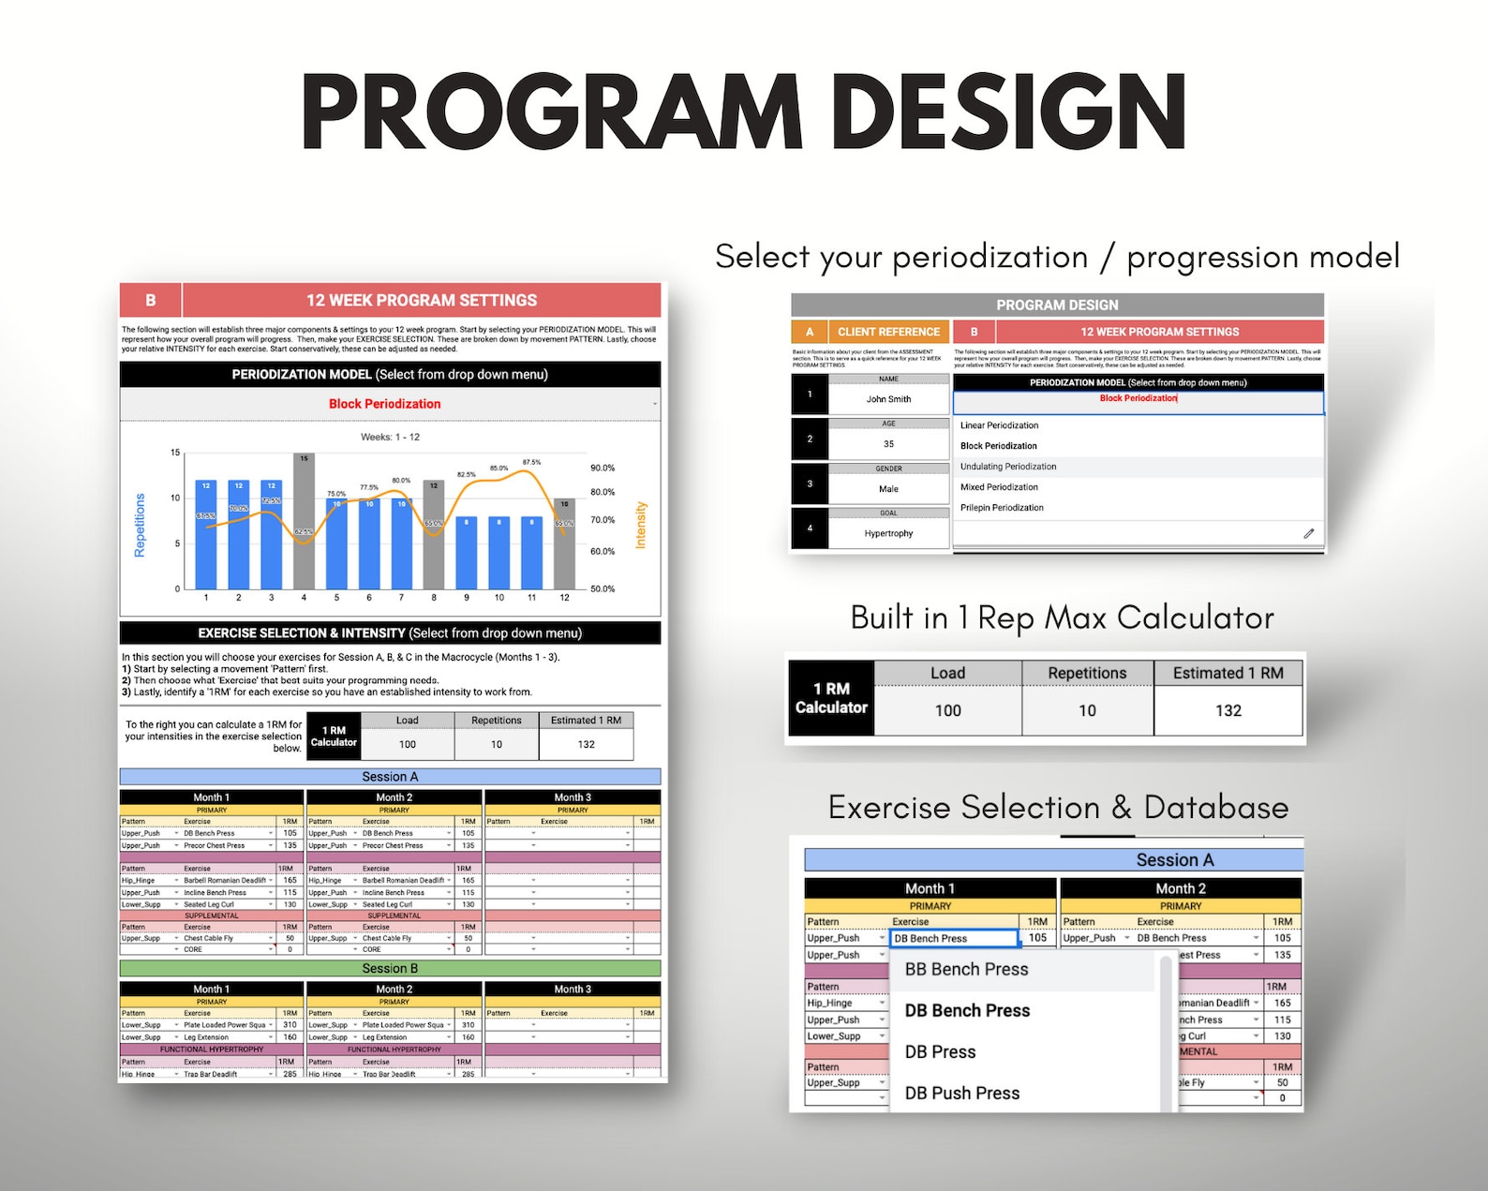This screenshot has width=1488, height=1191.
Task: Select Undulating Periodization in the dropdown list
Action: click(1008, 467)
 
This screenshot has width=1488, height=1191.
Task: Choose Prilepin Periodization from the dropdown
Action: click(1002, 508)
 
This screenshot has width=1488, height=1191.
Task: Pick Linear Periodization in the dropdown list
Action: click(999, 425)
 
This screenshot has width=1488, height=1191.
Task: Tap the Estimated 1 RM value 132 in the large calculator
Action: click(1228, 710)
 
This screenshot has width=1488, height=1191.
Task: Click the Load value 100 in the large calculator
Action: click(947, 710)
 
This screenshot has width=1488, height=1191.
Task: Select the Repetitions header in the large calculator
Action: click(1087, 673)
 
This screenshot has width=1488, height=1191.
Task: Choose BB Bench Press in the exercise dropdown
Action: click(966, 970)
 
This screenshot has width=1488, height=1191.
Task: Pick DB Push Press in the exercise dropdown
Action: click(961, 1094)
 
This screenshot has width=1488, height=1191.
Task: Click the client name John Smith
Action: click(888, 399)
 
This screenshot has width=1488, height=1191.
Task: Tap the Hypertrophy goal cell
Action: click(888, 533)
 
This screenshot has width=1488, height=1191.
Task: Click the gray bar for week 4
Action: click(304, 521)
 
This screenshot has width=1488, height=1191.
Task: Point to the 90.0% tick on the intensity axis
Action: click(603, 468)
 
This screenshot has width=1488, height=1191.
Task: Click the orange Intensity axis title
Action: click(641, 525)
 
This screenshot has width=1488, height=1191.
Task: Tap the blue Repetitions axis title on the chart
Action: click(141, 525)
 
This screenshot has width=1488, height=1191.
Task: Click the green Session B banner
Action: click(390, 969)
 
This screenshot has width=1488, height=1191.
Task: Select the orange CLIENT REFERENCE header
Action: click(887, 332)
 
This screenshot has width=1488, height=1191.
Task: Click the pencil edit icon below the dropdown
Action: click(1308, 533)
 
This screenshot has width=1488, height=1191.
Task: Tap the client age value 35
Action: click(888, 444)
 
